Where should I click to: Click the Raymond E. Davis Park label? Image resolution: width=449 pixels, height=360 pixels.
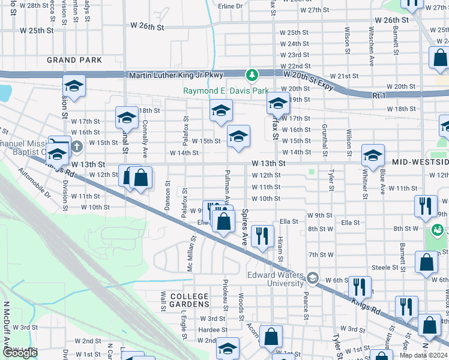tap(226, 91)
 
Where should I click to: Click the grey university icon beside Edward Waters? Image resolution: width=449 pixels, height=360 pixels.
tap(312, 278)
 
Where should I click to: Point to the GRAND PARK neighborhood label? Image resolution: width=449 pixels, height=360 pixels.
tap(74, 60)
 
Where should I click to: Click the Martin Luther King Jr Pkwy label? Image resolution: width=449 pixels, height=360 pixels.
tap(176, 75)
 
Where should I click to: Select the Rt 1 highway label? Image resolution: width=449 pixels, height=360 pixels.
tap(379, 95)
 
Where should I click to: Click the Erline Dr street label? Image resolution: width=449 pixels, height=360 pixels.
tap(231, 6)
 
